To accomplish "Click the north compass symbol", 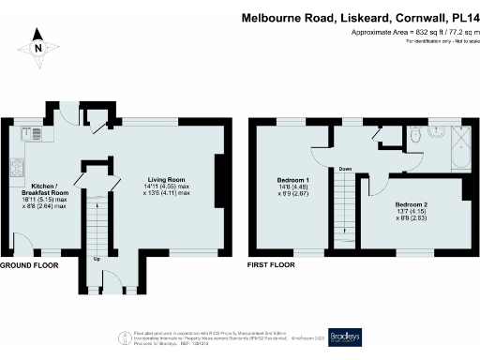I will point(37,46).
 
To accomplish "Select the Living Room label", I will point(165,179).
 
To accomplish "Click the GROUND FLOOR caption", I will point(29,265).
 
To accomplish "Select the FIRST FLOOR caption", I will point(273,265).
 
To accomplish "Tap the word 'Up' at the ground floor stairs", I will point(97,258).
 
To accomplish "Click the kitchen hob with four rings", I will point(16,169).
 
